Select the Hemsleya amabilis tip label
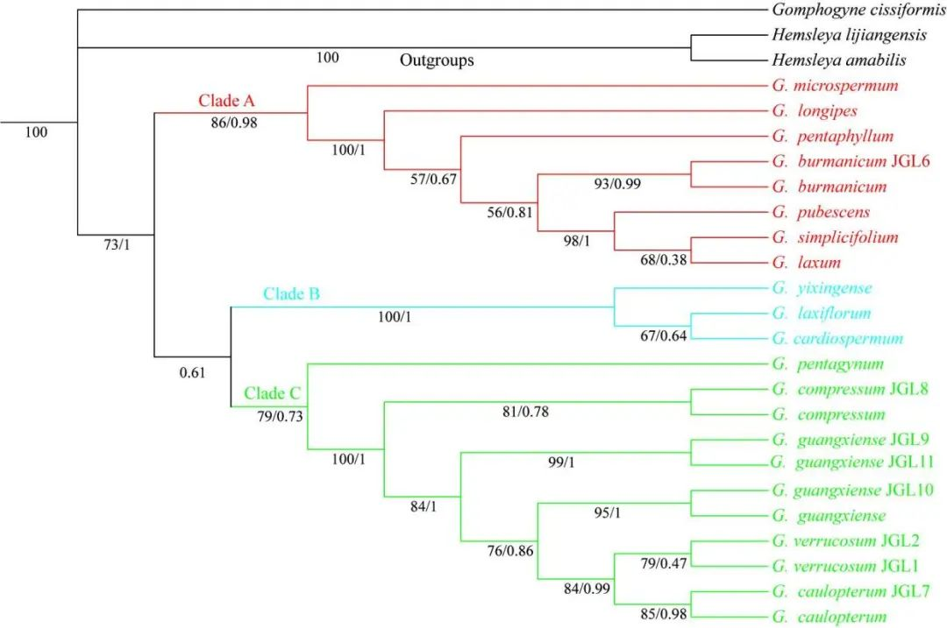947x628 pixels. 838,60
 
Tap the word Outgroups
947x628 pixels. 437,60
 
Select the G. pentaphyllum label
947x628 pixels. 833,137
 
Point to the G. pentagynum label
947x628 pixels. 829,363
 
